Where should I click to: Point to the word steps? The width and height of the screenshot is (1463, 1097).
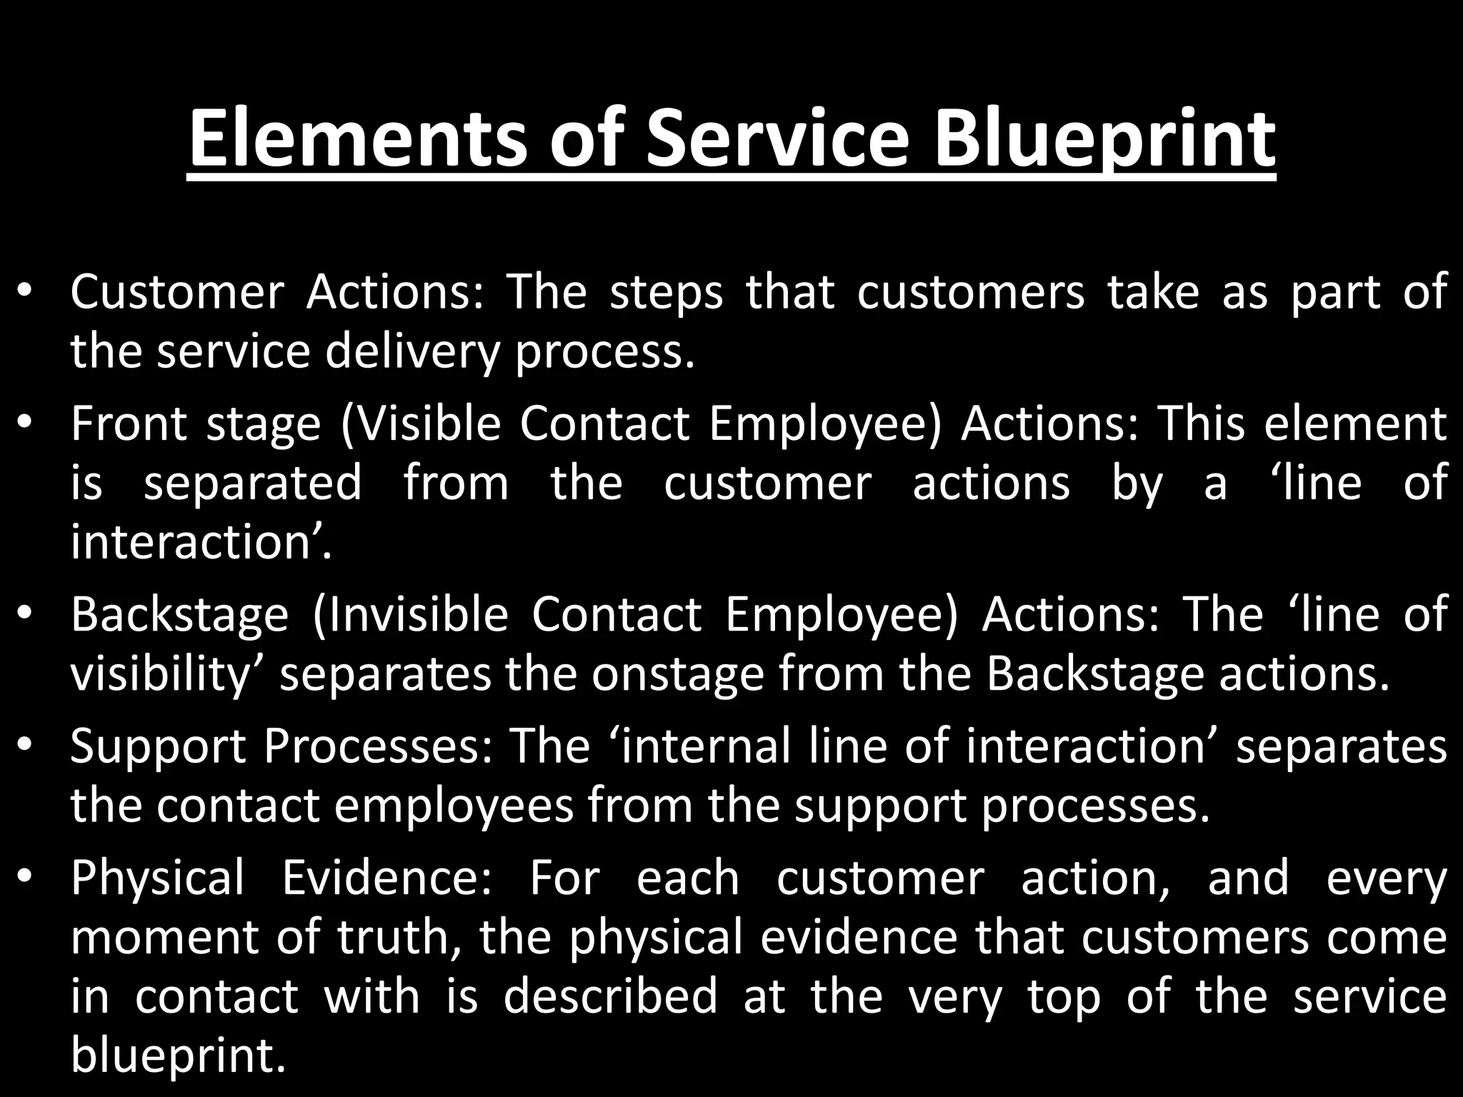(x=666, y=293)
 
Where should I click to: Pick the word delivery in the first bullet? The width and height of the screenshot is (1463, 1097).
(x=410, y=352)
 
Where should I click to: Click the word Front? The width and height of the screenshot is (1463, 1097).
(x=128, y=424)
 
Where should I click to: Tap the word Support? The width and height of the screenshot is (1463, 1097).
(x=157, y=746)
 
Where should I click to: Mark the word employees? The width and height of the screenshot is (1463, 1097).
(x=453, y=806)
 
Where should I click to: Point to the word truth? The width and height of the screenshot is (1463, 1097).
(x=399, y=938)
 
